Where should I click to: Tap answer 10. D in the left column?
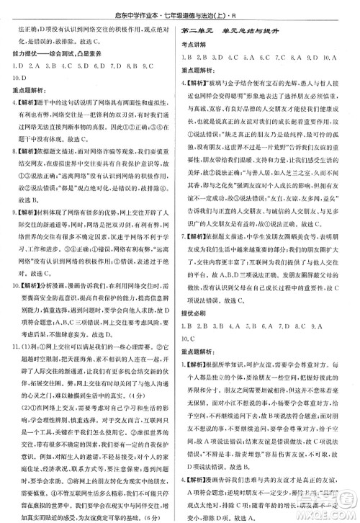point(17,76)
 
